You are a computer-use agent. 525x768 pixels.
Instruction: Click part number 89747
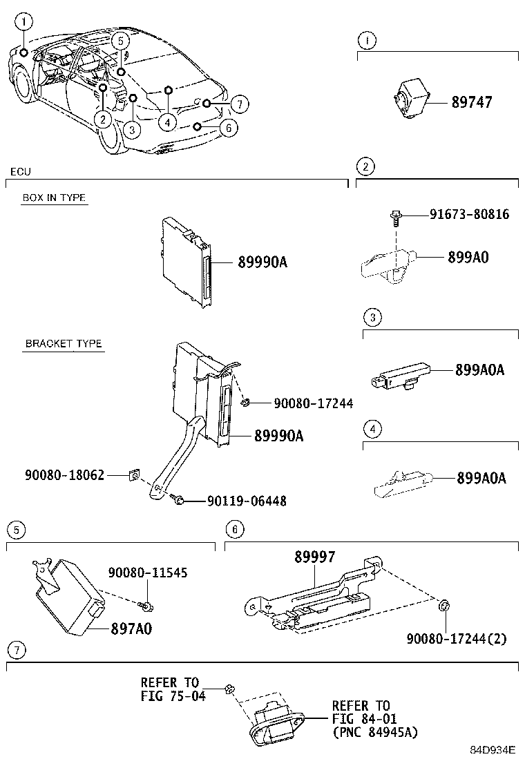pyautogui.click(x=472, y=102)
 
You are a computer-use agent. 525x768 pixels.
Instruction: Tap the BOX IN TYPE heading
pyautogui.click(x=54, y=198)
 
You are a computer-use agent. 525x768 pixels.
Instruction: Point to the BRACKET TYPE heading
pyautogui.click(x=64, y=343)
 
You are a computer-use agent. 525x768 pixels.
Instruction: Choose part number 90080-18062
pyautogui.click(x=65, y=475)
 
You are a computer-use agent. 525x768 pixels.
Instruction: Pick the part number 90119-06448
pyautogui.click(x=247, y=501)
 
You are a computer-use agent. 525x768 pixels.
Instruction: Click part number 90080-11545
pyautogui.click(x=147, y=573)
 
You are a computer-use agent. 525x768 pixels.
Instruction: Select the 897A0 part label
pyautogui.click(x=131, y=628)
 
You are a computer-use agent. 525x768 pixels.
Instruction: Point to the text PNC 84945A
pyautogui.click(x=375, y=732)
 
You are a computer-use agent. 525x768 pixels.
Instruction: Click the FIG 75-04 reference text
pyautogui.click(x=173, y=695)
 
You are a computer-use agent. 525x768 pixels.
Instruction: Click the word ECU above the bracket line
pyautogui.click(x=21, y=171)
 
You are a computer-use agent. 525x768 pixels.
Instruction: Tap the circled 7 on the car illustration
pyautogui.click(x=238, y=104)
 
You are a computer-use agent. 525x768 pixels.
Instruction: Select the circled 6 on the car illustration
pyautogui.click(x=227, y=127)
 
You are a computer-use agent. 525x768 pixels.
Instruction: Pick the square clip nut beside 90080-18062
pyautogui.click(x=135, y=475)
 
